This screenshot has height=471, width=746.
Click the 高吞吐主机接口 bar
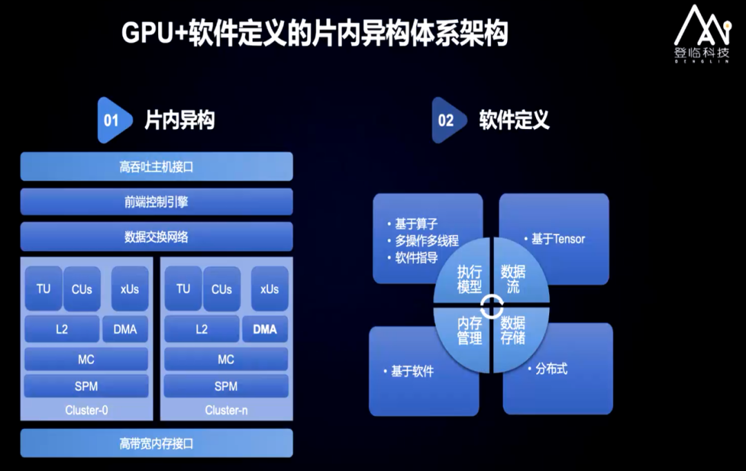[x=156, y=167]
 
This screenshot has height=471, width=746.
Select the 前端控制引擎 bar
[x=156, y=202]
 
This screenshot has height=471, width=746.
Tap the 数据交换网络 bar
[x=156, y=237]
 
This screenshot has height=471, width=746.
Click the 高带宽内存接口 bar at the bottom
[x=156, y=443]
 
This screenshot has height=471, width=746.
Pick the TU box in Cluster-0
[x=44, y=289]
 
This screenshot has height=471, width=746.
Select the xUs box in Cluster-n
[x=269, y=289]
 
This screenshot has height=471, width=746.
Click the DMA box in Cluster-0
[x=125, y=330]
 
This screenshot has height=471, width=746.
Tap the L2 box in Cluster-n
[x=201, y=330]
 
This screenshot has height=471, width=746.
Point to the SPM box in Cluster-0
[x=86, y=386]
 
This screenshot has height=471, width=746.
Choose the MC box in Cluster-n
[x=226, y=359]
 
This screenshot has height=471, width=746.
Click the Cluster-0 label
[x=86, y=410]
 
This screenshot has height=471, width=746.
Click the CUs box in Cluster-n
[x=222, y=289]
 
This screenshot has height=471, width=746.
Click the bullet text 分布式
[x=551, y=369]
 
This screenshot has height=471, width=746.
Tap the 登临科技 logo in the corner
[x=701, y=34]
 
